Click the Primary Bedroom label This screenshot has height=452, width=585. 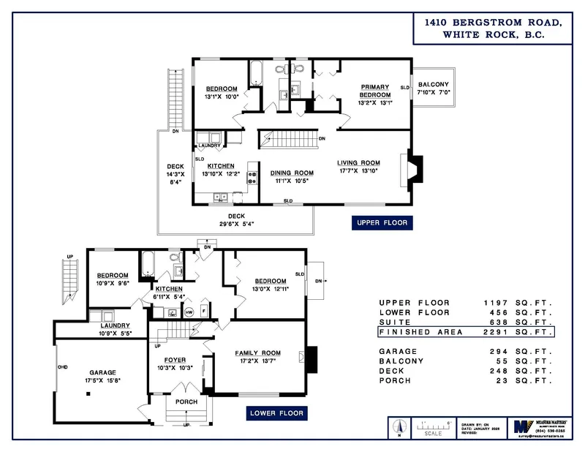tap(374, 90)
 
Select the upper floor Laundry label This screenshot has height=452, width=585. tap(209, 146)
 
